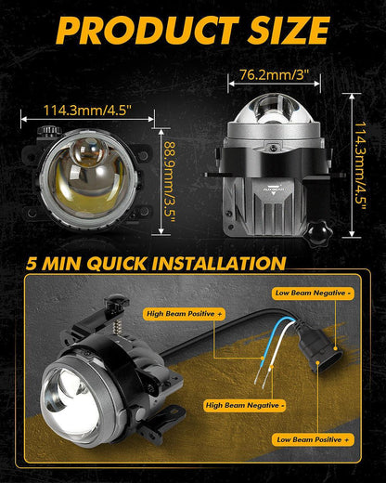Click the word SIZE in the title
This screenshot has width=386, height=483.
coord(289,30)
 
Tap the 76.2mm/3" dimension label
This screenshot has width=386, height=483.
coord(275,75)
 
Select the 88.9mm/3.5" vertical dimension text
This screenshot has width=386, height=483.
coord(170,182)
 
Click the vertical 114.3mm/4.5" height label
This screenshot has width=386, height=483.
coord(360,165)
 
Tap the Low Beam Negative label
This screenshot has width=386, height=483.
coord(313,293)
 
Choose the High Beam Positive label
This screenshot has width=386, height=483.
coord(184,314)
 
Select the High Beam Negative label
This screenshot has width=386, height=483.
coord(245,405)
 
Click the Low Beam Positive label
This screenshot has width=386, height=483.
coord(313,439)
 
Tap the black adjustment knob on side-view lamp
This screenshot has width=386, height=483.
coord(317,233)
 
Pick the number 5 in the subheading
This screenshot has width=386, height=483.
coord(32,264)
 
